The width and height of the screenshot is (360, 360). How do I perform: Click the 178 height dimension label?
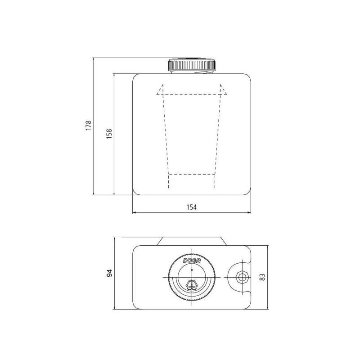click(x=88, y=126)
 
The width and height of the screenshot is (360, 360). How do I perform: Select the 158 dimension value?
click(x=109, y=133)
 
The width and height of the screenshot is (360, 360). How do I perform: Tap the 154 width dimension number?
click(x=192, y=207)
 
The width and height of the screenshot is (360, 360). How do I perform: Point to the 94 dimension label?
click(x=110, y=273)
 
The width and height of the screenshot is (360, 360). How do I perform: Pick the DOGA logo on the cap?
click(x=192, y=261)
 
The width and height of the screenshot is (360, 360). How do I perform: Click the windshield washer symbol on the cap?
click(x=192, y=285)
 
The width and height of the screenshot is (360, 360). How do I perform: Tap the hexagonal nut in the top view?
click(x=242, y=277)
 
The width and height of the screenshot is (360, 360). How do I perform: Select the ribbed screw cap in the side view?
click(x=192, y=65)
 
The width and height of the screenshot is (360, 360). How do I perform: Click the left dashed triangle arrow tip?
click(x=162, y=85)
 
